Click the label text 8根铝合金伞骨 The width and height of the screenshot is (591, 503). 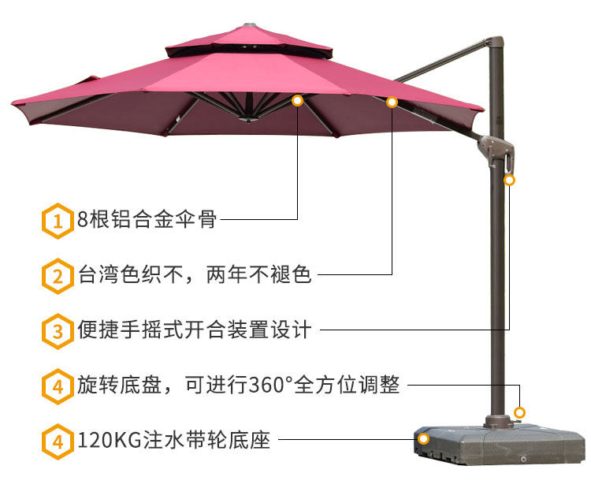[x=147, y=220]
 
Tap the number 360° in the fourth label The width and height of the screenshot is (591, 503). [x=271, y=386]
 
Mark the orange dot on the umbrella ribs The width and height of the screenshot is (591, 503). [x=297, y=101]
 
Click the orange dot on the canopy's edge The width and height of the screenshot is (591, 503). [x=392, y=102]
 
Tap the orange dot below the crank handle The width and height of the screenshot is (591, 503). [x=510, y=181]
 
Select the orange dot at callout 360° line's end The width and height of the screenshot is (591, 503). [x=519, y=412]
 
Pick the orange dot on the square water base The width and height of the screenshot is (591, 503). [x=423, y=438]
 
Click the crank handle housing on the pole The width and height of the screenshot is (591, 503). [x=503, y=153]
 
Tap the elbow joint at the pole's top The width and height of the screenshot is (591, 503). [x=493, y=43]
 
